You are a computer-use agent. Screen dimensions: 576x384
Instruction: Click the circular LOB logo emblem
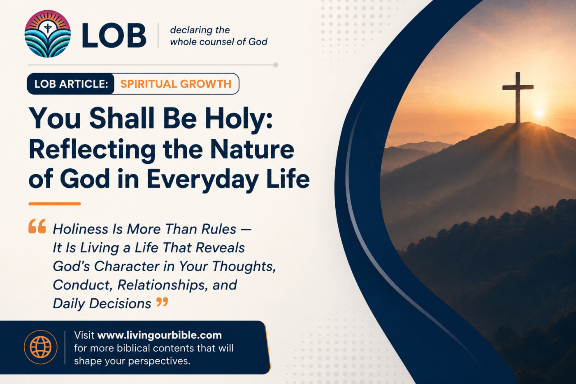(48, 34)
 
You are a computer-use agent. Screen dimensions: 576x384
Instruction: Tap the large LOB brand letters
(114, 35)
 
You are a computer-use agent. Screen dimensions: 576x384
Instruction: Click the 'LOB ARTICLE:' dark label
(71, 84)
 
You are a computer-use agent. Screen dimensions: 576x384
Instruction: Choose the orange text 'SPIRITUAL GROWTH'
(176, 84)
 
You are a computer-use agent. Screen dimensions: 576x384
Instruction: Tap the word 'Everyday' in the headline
(202, 180)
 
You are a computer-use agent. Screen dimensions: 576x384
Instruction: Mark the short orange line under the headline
(54, 204)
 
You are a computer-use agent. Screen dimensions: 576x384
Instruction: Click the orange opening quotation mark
(37, 226)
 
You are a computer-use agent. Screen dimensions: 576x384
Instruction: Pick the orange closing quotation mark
(162, 302)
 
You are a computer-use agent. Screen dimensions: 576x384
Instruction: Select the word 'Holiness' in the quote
(80, 229)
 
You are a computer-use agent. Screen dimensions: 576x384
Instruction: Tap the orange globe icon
(41, 347)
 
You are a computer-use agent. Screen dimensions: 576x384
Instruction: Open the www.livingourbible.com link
(160, 335)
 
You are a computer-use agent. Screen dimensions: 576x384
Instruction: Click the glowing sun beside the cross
(539, 113)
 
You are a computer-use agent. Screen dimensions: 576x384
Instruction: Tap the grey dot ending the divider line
(275, 65)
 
